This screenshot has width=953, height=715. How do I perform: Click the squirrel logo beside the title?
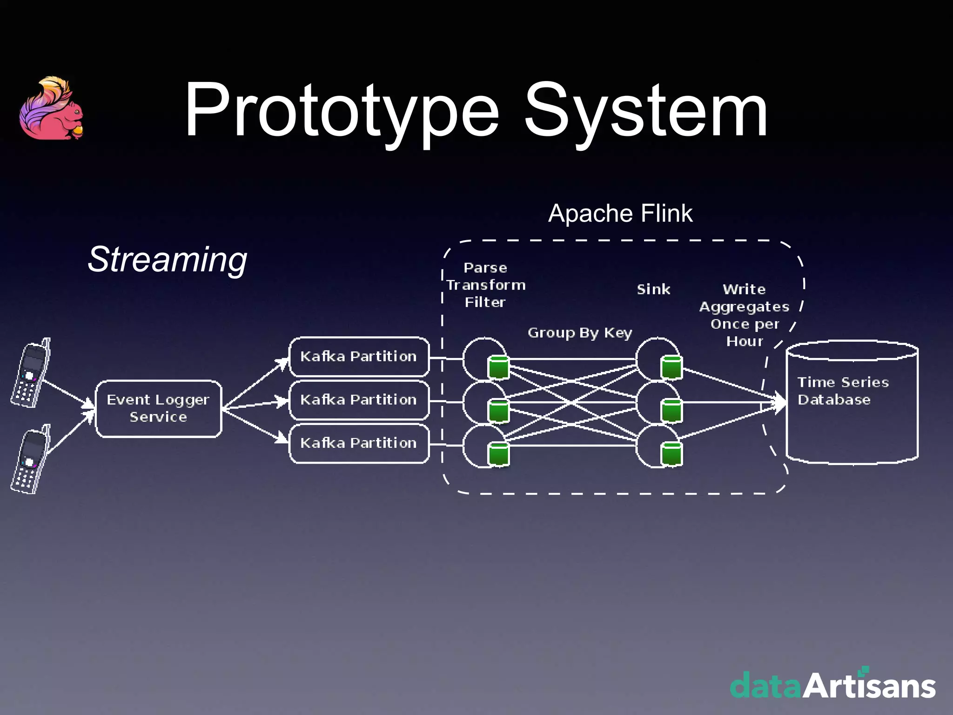tap(51, 110)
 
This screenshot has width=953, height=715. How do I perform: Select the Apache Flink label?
tap(620, 214)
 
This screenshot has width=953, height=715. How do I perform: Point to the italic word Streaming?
tap(168, 259)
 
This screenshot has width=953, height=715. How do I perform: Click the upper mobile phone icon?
tap(31, 373)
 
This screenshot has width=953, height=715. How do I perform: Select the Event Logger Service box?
tap(158, 409)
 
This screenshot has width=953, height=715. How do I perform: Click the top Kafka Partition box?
tap(359, 357)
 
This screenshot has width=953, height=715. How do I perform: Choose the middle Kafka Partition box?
tap(359, 400)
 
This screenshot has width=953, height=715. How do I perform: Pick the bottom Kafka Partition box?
tap(359, 443)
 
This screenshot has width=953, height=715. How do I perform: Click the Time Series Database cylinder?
tap(852, 402)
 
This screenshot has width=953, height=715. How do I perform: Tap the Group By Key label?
tap(580, 333)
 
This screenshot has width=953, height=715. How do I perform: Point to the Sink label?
tap(653, 290)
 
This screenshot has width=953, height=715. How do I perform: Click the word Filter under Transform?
tap(485, 303)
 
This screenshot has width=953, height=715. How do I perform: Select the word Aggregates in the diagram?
tap(744, 307)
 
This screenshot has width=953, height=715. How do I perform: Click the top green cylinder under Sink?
tap(671, 367)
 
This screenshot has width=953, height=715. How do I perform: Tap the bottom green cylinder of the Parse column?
tap(498, 454)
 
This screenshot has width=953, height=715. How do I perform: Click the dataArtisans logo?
tap(832, 685)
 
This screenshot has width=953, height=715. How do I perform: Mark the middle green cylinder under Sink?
tap(671, 411)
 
